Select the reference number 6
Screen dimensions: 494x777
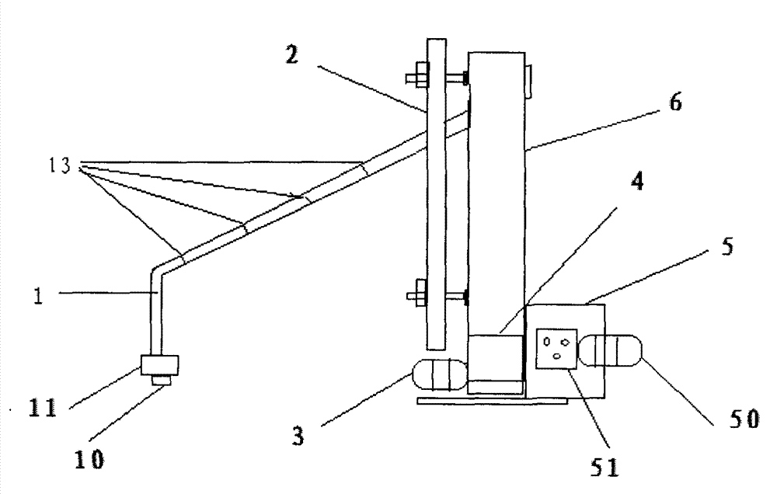tap(675, 103)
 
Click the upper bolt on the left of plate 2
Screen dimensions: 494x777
tap(416, 77)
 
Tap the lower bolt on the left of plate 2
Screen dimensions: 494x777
tap(416, 296)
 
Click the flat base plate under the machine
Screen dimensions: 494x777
tap(490, 401)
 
